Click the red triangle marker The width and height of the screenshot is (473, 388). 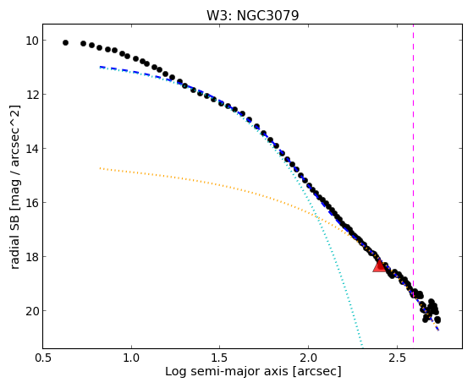(379, 265)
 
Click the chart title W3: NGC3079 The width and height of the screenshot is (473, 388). (252, 16)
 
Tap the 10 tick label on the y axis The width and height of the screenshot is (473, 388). (31, 41)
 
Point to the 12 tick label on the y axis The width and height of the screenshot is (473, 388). (31, 95)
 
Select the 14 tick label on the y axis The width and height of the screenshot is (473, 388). (31, 148)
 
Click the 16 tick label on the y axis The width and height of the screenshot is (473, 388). (31, 202)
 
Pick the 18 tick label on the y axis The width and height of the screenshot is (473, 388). (31, 257)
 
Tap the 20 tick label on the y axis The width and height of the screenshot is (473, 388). (31, 310)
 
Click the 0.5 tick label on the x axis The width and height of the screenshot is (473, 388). (43, 358)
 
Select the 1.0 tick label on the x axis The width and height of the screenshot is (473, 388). (131, 358)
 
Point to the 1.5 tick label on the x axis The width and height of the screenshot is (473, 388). (220, 358)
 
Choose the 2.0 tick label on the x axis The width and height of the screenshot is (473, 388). (308, 358)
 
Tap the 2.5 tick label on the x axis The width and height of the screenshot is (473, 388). (397, 358)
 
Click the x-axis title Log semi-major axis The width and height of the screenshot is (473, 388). (227, 371)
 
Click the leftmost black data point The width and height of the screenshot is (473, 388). (65, 43)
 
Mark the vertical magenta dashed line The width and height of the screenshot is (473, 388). (413, 183)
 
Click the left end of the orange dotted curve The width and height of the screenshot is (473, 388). (100, 168)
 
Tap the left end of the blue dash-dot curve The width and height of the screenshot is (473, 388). (100, 67)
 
